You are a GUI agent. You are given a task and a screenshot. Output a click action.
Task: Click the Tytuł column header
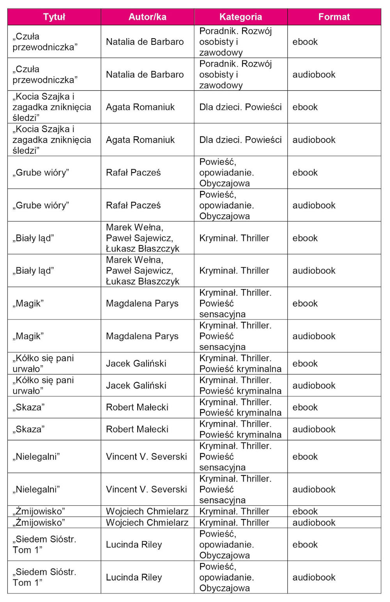point(54,17)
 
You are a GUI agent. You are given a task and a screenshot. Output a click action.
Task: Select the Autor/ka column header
point(147,17)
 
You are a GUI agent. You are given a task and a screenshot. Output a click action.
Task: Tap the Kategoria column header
point(241,17)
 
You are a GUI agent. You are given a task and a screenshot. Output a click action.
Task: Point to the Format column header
point(334,17)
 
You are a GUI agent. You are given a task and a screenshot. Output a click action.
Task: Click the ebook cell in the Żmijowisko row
point(305,511)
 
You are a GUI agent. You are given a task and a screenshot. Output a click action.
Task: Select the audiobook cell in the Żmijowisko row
point(314,523)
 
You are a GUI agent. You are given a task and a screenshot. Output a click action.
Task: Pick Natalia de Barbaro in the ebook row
point(145,42)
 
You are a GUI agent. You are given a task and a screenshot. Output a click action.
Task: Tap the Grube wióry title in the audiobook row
point(41,205)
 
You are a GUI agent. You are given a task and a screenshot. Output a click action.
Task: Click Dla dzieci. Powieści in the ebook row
point(240,107)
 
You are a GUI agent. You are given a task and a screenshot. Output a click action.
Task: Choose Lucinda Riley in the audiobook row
point(134,577)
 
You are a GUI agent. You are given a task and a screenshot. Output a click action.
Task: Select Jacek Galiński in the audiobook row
point(136,385)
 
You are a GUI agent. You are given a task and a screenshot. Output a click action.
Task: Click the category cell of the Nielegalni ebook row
point(235,457)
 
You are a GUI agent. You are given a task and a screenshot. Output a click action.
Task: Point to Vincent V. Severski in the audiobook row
point(146,489)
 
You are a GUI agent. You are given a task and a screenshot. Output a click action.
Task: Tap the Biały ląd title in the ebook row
point(33,238)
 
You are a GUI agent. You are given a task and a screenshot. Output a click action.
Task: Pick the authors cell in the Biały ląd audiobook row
point(143,271)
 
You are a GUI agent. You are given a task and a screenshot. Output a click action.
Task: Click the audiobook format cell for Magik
point(314,336)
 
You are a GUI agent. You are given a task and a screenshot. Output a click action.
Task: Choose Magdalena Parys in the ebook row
point(142,304)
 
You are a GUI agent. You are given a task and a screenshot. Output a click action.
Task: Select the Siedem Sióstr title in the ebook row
point(44,545)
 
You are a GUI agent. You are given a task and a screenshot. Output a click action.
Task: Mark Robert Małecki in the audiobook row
point(137,429)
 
